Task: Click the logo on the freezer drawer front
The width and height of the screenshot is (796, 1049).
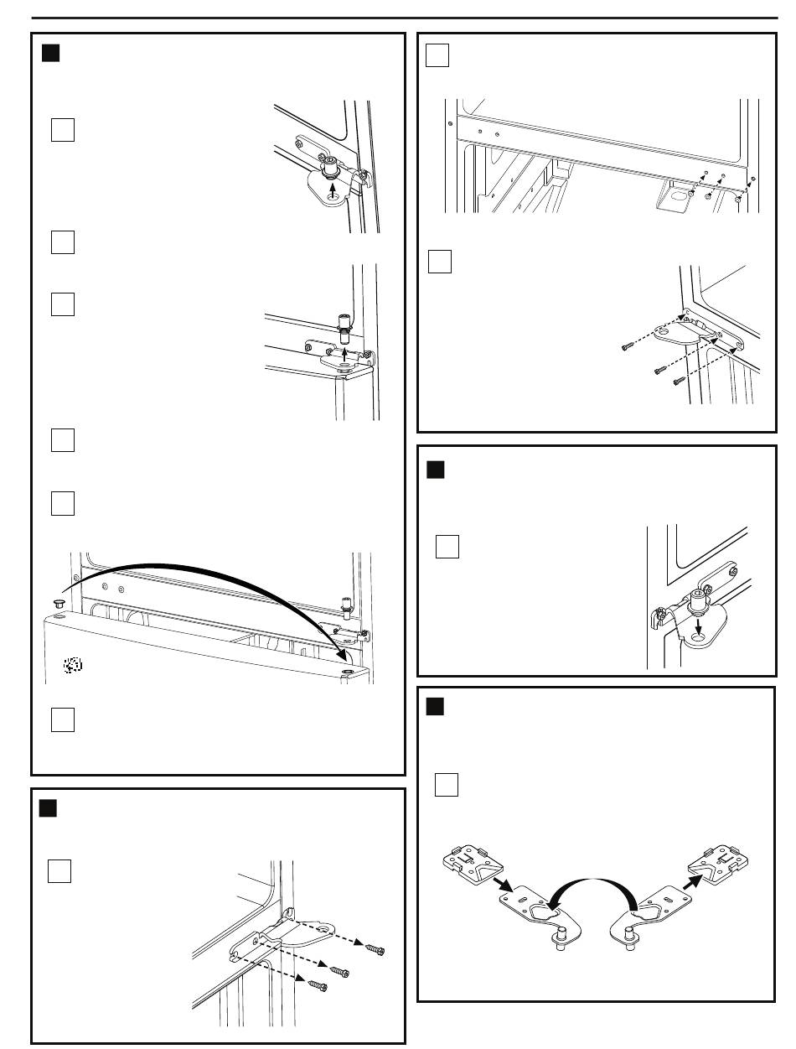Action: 73,665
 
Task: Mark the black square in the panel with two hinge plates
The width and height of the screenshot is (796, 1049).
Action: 434,706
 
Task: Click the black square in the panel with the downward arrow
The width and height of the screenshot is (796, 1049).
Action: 434,470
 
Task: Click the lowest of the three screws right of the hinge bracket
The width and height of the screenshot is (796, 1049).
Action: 318,985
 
